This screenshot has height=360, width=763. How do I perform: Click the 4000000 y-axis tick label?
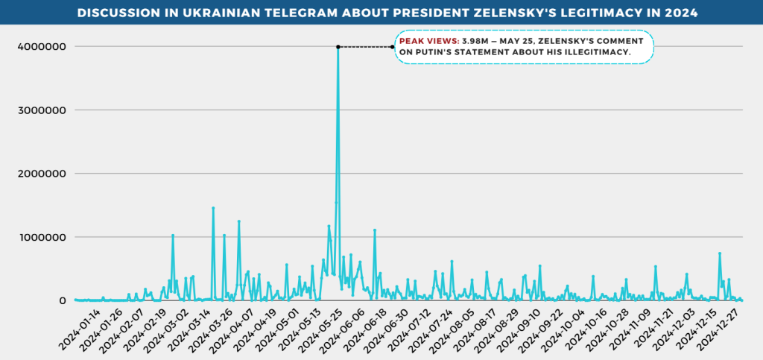(x=42, y=47)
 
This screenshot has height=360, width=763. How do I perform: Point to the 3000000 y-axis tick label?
(x=42, y=110)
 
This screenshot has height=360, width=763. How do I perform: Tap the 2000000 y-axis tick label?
(x=42, y=174)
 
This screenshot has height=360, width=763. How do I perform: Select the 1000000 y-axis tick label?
(x=42, y=237)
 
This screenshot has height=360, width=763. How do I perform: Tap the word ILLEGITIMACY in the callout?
(x=597, y=52)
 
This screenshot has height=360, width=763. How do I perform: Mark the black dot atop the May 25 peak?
(x=338, y=47)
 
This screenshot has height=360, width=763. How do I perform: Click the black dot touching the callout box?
(x=393, y=47)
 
